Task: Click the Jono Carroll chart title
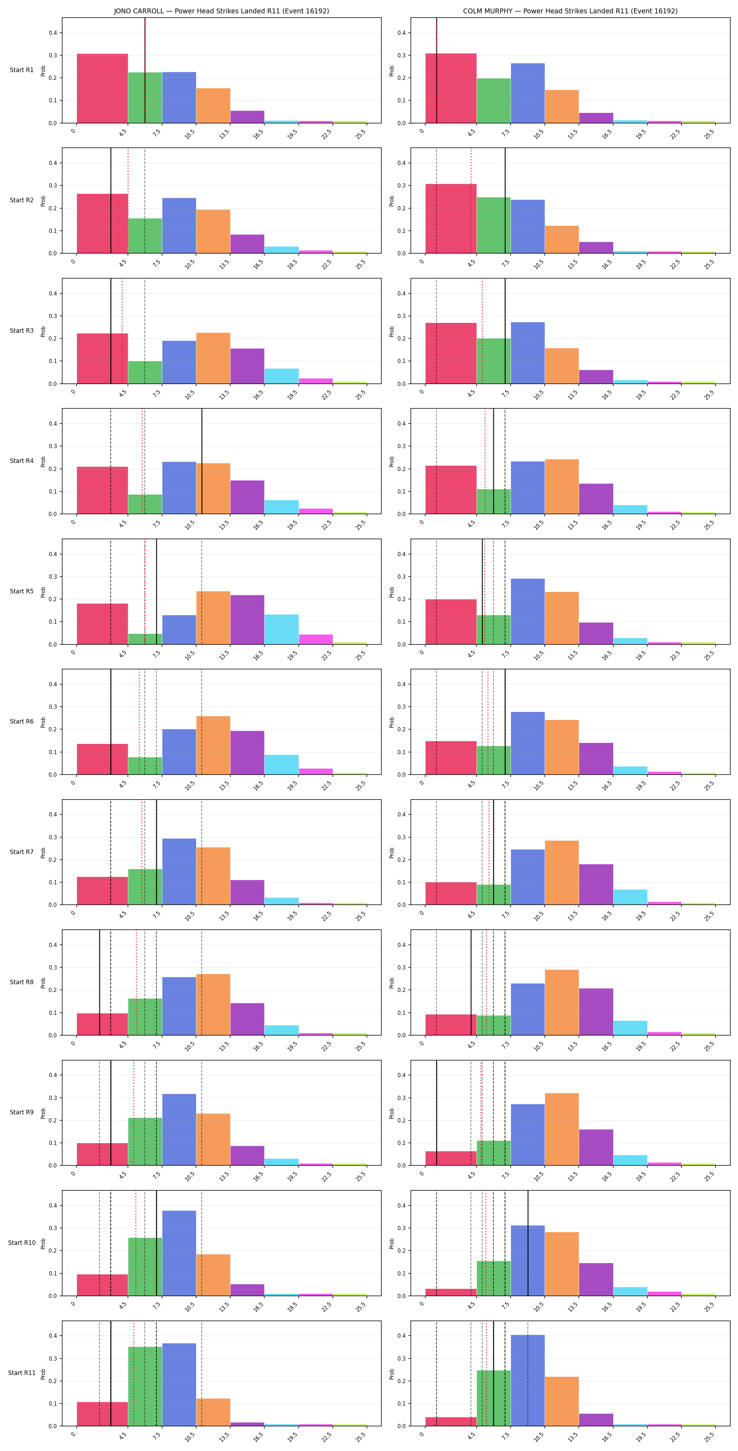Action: (x=221, y=11)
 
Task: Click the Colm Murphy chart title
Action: (x=570, y=11)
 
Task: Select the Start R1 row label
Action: (x=21, y=70)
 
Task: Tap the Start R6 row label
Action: (x=21, y=721)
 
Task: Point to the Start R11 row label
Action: (x=21, y=1373)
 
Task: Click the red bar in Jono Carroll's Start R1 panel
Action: (x=103, y=88)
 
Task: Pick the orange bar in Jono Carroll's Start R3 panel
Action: (x=213, y=358)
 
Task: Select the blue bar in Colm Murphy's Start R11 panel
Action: (x=527, y=1381)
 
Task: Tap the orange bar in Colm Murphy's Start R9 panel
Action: (x=562, y=1129)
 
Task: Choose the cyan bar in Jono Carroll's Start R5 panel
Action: (x=281, y=629)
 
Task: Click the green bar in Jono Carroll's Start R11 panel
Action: (x=145, y=1387)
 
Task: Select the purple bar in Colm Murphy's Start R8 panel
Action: (x=596, y=1012)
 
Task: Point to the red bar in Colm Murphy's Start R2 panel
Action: (x=451, y=218)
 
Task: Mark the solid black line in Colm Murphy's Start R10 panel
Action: (x=528, y=1243)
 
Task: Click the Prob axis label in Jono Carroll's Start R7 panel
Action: (x=43, y=853)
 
